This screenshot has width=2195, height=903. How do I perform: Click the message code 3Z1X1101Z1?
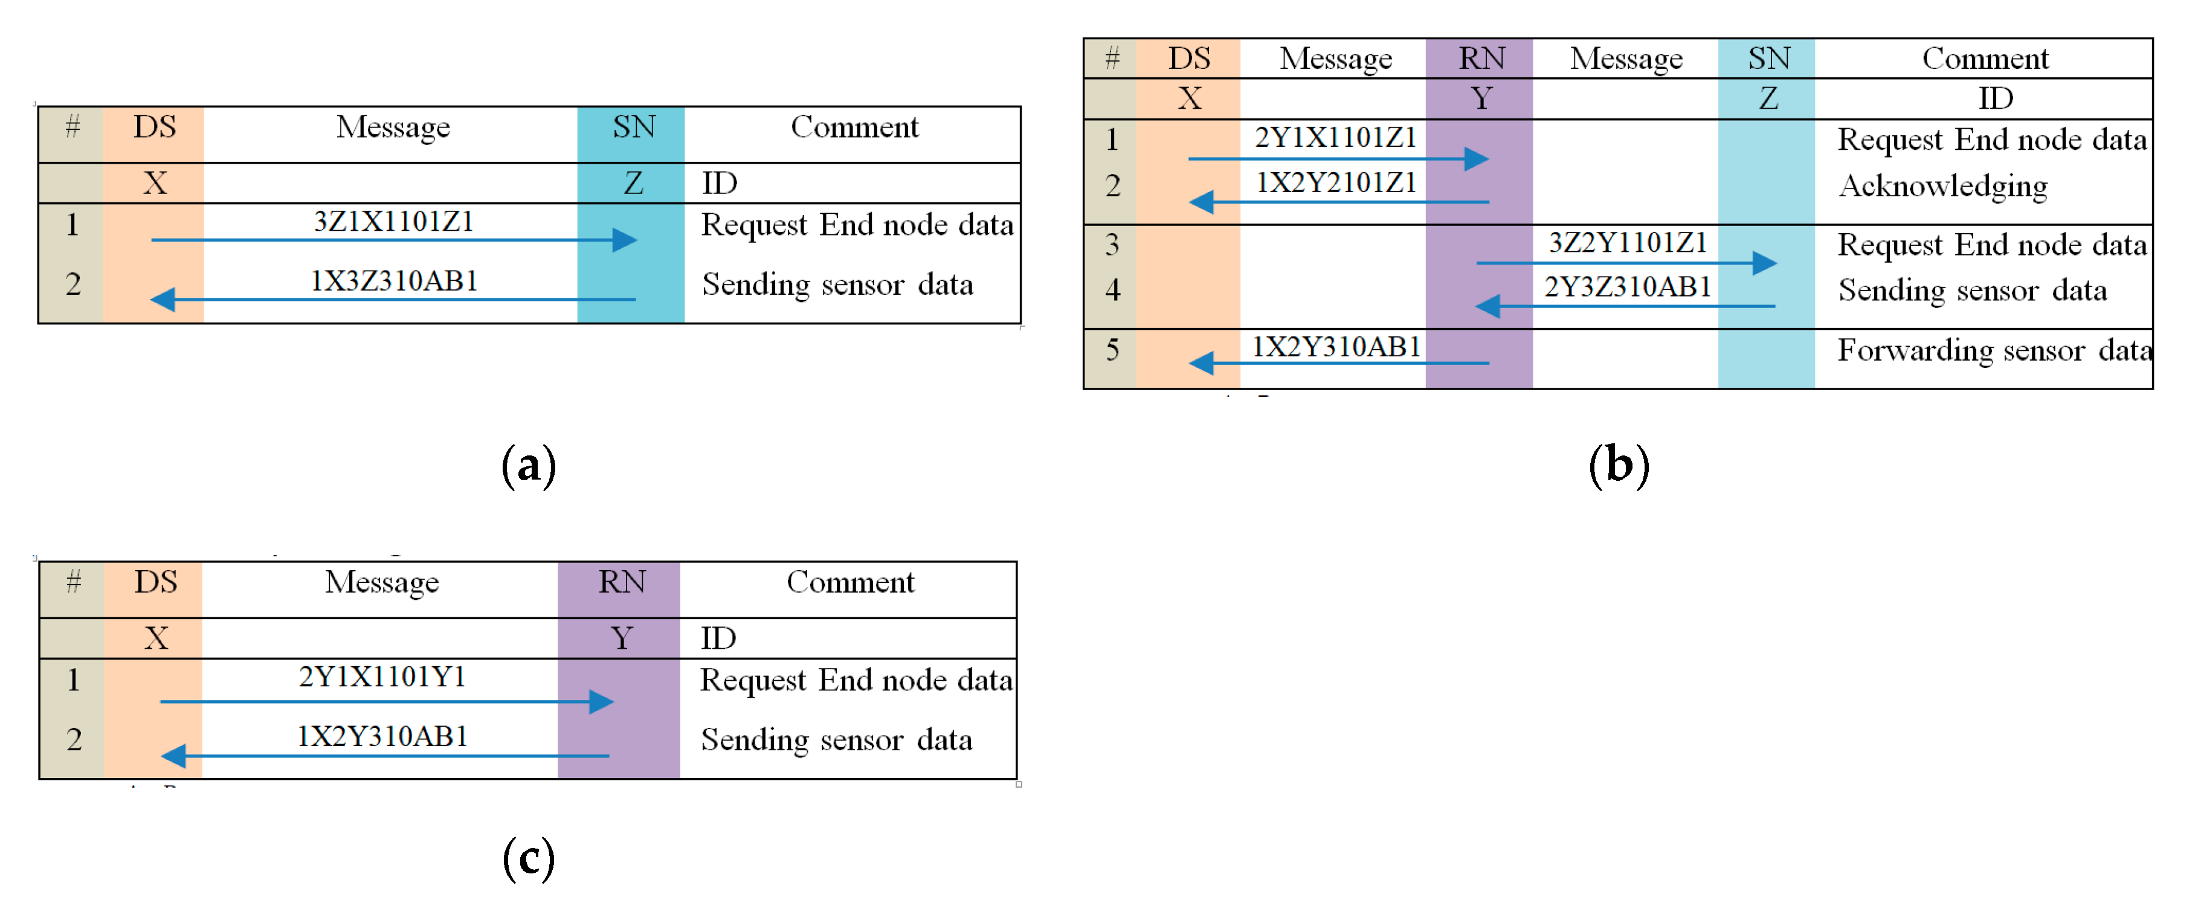[393, 222]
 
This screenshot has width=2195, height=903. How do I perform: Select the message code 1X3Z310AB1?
[393, 281]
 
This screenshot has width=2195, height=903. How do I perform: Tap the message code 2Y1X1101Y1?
[382, 677]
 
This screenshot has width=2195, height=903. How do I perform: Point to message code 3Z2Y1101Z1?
[1628, 243]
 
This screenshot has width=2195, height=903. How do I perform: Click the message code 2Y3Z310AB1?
[1628, 287]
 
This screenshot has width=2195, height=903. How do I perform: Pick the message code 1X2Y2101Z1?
[1335, 182]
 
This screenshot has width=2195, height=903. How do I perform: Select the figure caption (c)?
[528, 857]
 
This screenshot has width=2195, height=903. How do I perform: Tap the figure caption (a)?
[528, 465]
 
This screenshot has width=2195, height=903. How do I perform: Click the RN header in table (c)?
[621, 582]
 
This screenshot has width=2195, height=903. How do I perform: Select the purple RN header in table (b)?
[1481, 58]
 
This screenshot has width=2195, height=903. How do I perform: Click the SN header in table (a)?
[633, 127]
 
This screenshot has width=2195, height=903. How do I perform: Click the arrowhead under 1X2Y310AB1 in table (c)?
[173, 756]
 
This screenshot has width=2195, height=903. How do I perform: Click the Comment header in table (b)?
[1985, 58]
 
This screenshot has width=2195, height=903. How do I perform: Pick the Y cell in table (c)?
[621, 638]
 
